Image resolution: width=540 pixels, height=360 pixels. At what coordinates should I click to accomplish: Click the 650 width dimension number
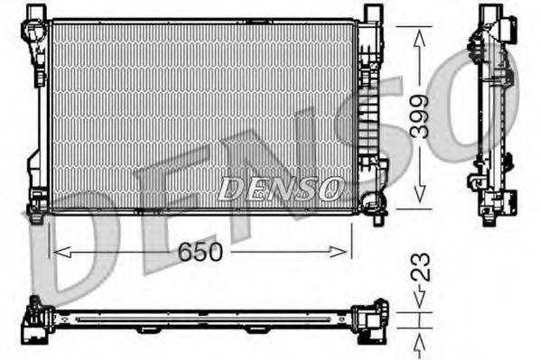tap(199, 254)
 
